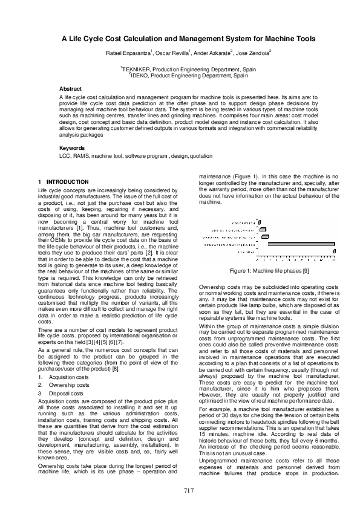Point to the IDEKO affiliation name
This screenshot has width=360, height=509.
[x=142, y=76]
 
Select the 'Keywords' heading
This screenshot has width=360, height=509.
[x=71, y=148]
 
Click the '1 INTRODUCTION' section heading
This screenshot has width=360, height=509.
[x=63, y=182]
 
